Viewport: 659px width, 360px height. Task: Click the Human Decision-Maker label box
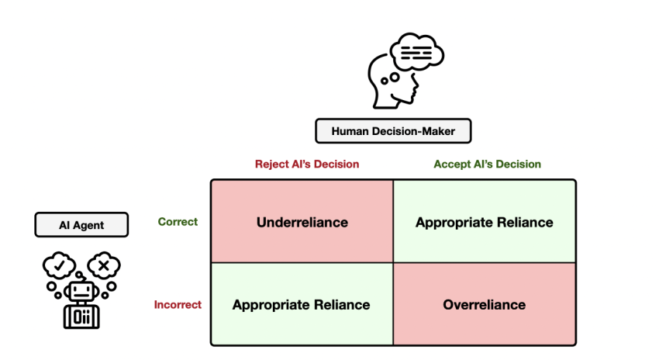(x=393, y=131)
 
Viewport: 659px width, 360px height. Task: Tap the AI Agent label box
(x=81, y=225)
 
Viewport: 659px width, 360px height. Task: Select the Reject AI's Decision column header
(x=307, y=164)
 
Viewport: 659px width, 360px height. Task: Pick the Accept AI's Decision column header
(x=487, y=164)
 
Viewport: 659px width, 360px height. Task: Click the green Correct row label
(x=178, y=222)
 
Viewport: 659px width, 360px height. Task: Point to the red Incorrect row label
(x=178, y=304)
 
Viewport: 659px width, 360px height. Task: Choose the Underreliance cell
(x=302, y=222)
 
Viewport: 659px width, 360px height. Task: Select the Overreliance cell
(x=485, y=304)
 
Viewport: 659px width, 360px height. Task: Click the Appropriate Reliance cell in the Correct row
(x=485, y=222)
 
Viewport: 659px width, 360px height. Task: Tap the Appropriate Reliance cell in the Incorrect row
(x=302, y=304)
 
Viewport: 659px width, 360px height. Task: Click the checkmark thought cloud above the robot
(x=59, y=265)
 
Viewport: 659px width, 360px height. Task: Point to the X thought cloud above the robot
(x=104, y=265)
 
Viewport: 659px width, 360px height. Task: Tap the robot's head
(x=81, y=291)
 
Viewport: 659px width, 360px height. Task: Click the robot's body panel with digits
(x=81, y=317)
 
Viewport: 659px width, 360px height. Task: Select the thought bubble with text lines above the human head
(x=416, y=52)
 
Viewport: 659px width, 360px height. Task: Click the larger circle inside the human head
(x=394, y=78)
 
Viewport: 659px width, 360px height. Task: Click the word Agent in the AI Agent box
(x=88, y=226)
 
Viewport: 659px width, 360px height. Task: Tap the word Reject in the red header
(x=272, y=164)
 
